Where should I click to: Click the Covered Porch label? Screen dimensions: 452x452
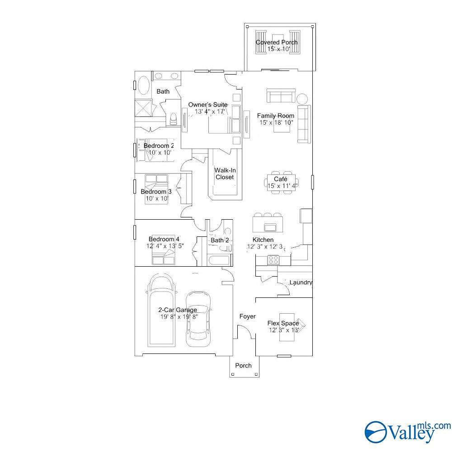[277, 42]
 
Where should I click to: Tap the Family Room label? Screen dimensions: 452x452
[276, 116]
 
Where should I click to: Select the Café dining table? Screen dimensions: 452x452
[281, 183]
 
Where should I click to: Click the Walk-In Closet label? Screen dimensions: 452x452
[225, 174]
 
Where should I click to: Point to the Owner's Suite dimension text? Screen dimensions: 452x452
[210, 112]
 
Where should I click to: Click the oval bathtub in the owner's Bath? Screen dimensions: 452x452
[144, 85]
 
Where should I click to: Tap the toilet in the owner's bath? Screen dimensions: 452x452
[173, 119]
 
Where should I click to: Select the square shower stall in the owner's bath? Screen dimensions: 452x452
[143, 108]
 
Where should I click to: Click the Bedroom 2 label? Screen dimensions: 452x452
[159, 146]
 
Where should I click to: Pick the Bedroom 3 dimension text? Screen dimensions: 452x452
[157, 198]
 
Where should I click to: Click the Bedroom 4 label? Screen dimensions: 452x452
[164, 239]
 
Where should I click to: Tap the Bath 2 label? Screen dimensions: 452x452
[220, 240]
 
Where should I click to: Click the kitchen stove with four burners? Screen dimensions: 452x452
[273, 260]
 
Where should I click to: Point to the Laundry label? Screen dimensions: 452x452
[301, 282]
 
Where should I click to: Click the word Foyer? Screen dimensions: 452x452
[247, 316]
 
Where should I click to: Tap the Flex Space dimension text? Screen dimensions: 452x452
[284, 330]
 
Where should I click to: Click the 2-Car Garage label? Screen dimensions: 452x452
[178, 310]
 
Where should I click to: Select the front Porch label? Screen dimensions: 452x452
[243, 366]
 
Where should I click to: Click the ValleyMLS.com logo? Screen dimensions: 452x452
[408, 432]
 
